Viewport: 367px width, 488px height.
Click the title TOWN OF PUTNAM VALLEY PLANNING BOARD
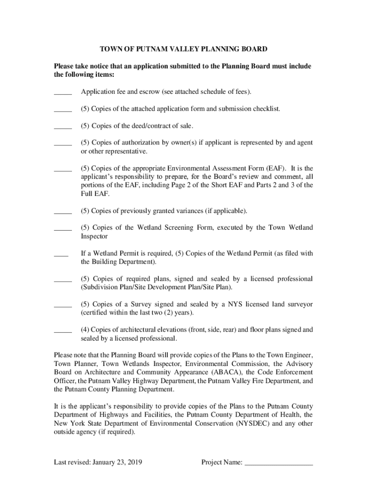183,49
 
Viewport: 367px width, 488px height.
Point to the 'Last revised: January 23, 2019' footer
98,462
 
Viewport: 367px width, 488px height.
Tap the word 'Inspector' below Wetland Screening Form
94,236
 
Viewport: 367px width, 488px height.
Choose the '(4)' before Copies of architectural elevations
85,330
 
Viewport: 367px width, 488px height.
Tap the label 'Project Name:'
222,462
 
